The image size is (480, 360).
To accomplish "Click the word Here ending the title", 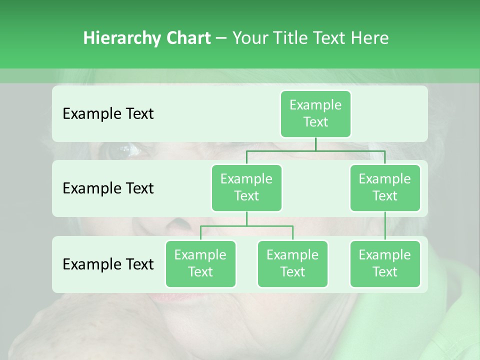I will tap(369, 38).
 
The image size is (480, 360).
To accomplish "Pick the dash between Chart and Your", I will tap(221, 38).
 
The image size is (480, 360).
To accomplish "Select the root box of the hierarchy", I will tap(315, 113).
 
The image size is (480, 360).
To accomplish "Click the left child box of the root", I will tap(246, 187).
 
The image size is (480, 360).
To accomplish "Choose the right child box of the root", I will tap(385, 187).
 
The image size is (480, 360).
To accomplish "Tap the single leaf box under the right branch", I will tap(385, 263).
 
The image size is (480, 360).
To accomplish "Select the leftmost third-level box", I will tap(200, 263).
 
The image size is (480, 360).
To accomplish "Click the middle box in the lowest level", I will tap(292, 263).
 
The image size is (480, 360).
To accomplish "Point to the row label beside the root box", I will tap(108, 113).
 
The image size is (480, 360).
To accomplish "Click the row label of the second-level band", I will tap(108, 188).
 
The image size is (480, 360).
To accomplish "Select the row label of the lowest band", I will tap(108, 264).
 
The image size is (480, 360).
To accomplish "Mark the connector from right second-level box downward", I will tap(385, 226).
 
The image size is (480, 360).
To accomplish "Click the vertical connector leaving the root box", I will tap(315, 144).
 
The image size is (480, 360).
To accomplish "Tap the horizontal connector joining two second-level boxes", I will tap(315, 150).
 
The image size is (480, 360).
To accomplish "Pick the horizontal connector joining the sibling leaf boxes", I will tap(246, 226).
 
